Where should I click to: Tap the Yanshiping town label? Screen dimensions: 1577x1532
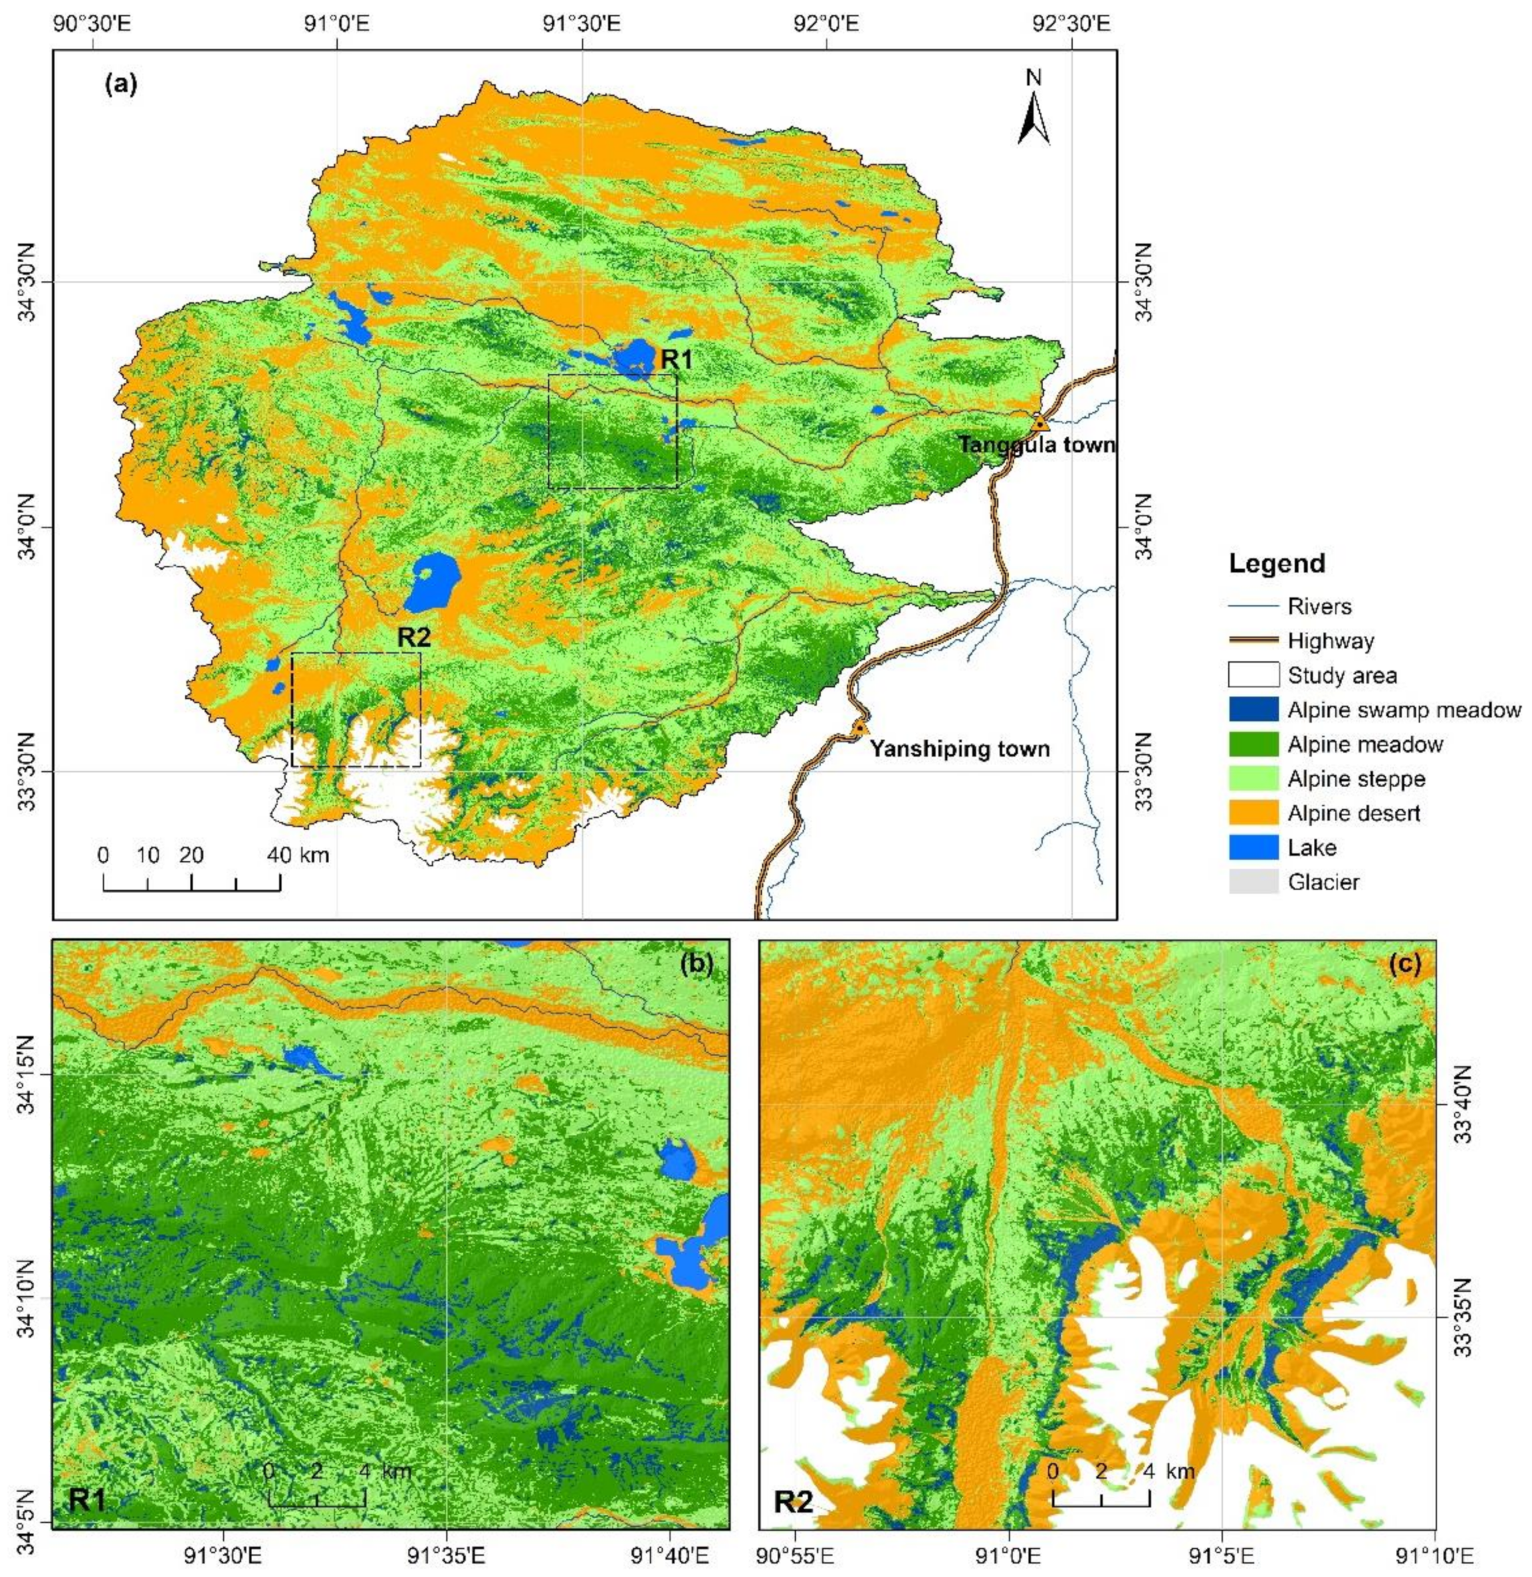[x=959, y=749]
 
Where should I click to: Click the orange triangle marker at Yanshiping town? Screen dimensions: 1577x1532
[x=859, y=728]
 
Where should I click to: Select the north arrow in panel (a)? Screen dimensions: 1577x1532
[x=1033, y=108]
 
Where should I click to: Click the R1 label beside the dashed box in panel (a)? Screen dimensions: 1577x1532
[x=677, y=360]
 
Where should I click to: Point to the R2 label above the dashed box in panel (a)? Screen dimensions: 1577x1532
[x=415, y=638]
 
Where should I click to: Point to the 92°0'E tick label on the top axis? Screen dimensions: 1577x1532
[x=827, y=23]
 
